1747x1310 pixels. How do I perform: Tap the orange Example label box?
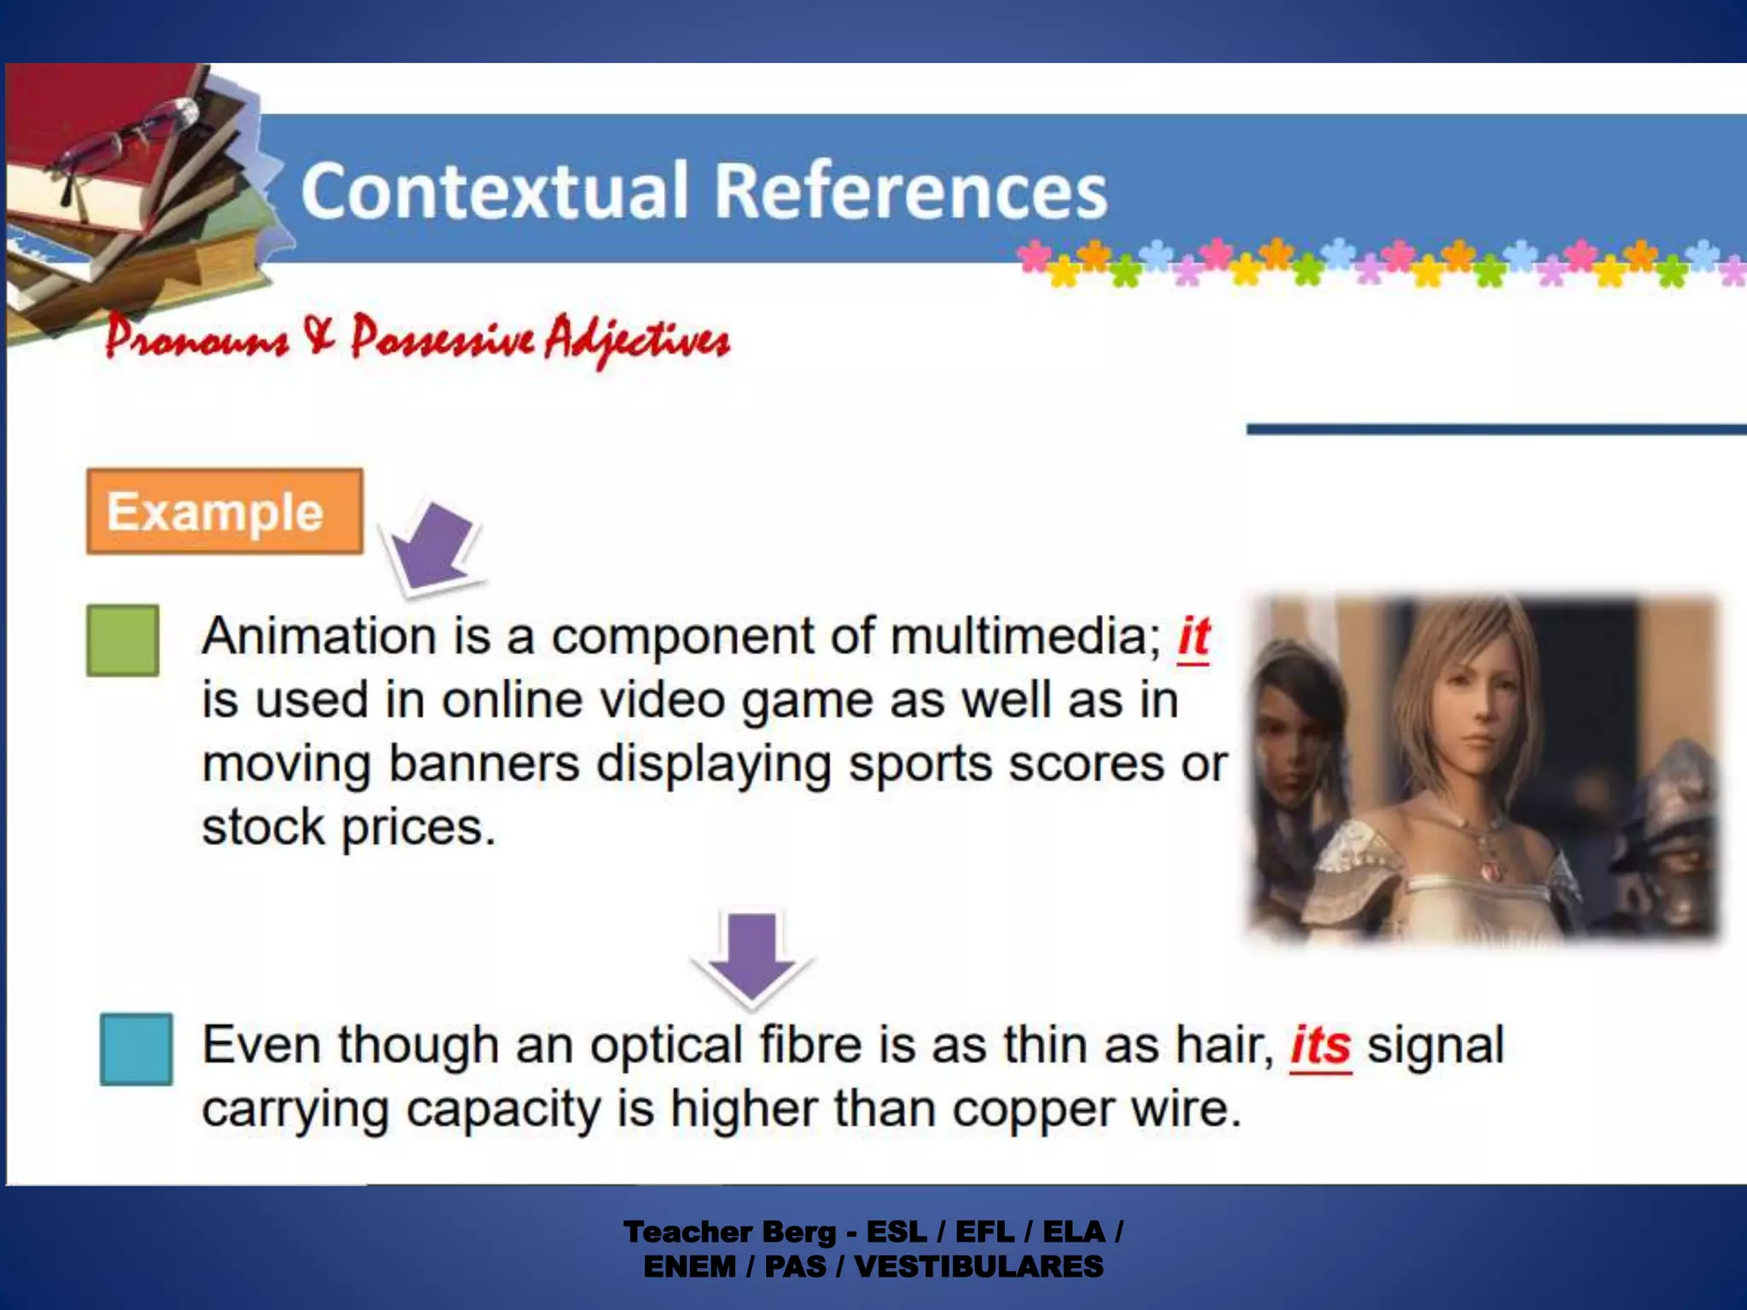(x=224, y=512)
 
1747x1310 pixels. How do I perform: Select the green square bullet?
(x=123, y=641)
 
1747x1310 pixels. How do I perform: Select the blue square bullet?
(x=136, y=1049)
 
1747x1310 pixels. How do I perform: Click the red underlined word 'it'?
(x=1193, y=636)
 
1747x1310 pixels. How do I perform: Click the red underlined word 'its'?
(x=1320, y=1046)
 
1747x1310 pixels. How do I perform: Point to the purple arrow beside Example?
(x=432, y=546)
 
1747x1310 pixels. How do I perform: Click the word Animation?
(x=320, y=636)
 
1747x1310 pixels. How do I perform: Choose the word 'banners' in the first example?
(x=485, y=763)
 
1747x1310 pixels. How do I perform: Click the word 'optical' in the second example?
(x=666, y=1046)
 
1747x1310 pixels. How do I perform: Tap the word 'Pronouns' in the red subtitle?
(x=197, y=339)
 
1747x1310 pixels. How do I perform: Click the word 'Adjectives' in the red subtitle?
(x=637, y=340)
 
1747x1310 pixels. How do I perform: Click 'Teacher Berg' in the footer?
(x=729, y=1232)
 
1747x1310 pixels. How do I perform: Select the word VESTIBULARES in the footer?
(x=978, y=1267)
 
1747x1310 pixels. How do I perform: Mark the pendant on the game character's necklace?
(x=1489, y=870)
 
